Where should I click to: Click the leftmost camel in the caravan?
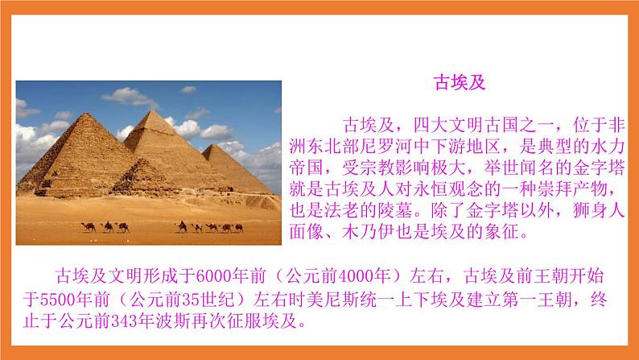[89, 227]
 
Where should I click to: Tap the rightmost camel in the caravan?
[239, 227]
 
